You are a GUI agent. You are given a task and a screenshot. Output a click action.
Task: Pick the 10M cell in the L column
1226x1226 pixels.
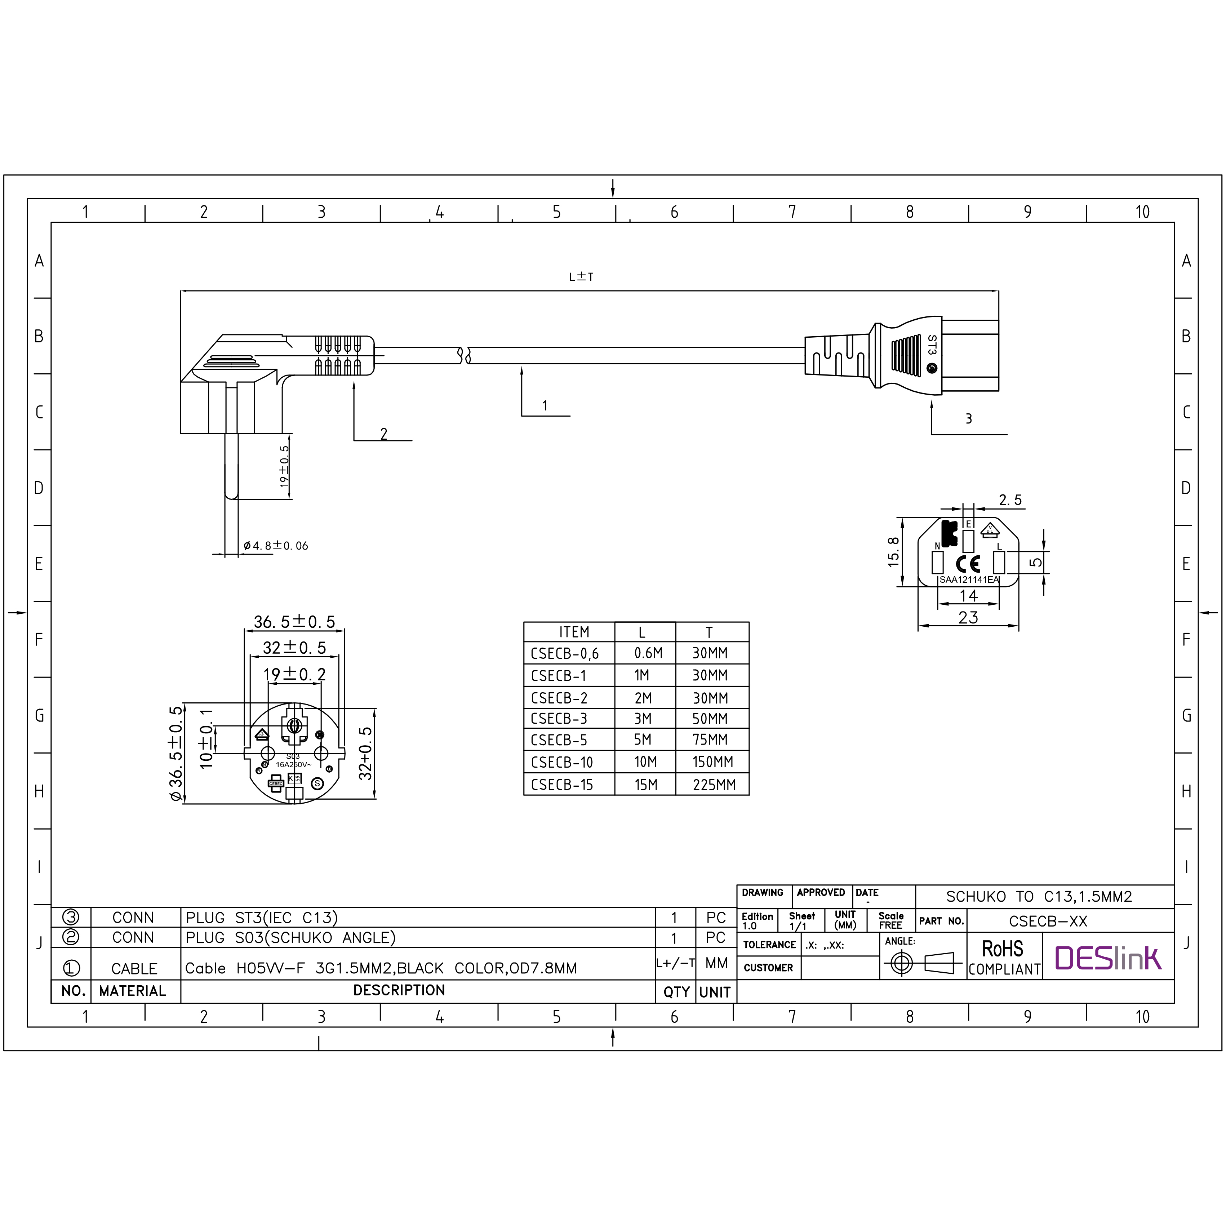[645, 762]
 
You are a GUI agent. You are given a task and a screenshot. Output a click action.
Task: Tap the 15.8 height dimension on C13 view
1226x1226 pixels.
[893, 551]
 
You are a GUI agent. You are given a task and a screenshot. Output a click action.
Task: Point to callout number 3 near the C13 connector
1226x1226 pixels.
[968, 419]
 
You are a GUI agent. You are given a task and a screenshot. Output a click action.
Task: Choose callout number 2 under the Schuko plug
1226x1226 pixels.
[383, 434]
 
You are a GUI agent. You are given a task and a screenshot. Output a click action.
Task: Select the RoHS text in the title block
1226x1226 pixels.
[1003, 949]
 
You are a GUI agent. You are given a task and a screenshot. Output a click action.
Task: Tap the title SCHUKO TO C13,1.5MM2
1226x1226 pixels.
[1039, 897]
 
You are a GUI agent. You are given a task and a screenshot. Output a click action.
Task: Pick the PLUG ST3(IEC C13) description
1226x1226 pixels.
[261, 918]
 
